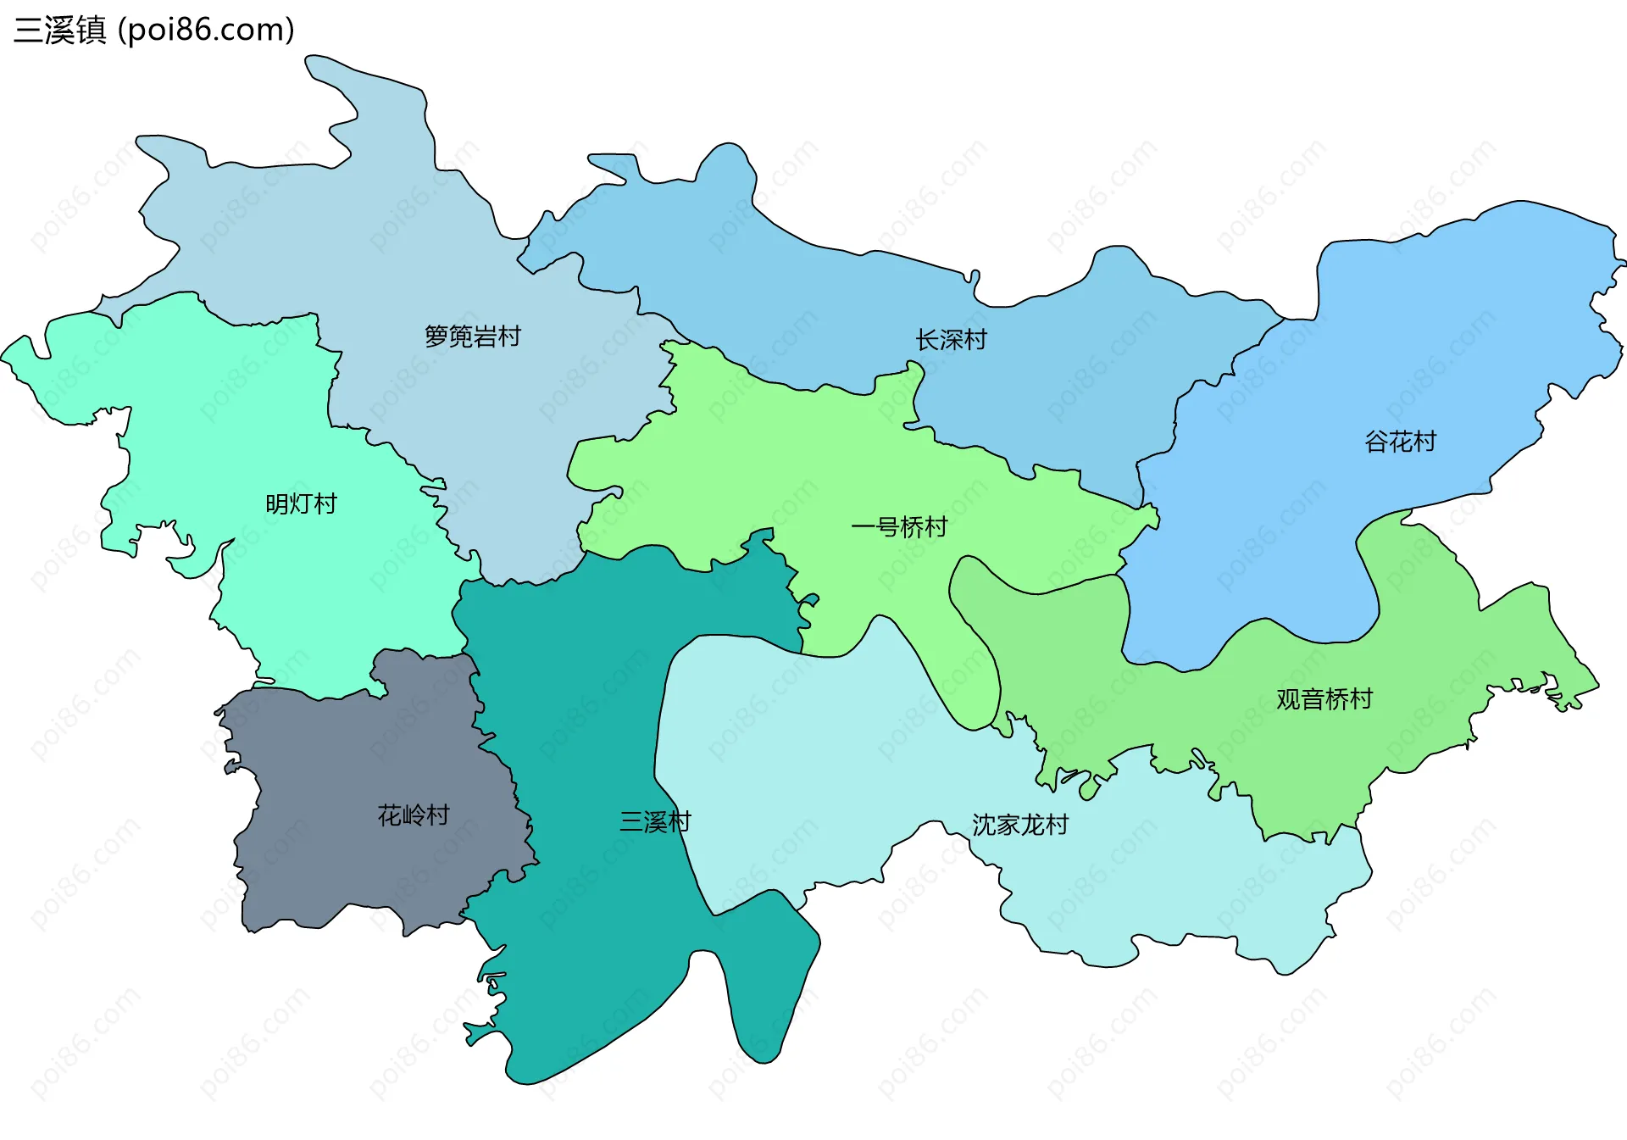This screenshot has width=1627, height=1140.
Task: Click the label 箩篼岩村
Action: pos(472,336)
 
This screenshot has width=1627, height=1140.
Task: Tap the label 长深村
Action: pos(951,340)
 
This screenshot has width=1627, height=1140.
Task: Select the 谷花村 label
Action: pos(1400,442)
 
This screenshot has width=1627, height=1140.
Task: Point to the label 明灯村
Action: pos(301,504)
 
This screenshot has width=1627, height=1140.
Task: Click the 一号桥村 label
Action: pos(899,527)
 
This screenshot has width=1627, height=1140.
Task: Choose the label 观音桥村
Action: pos(1324,699)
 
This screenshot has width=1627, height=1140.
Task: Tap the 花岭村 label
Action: pos(413,815)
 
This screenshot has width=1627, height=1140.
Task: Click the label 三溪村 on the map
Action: pos(655,821)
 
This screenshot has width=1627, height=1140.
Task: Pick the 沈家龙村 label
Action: pos(1019,825)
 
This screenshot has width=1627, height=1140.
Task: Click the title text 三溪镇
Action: pos(60,30)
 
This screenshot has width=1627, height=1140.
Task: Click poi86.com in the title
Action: pos(206,30)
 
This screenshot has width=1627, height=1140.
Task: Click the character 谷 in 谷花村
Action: pos(1376,442)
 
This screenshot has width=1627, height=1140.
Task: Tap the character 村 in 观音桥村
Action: pos(1361,699)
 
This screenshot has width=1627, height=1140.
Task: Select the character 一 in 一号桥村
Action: pos(863,527)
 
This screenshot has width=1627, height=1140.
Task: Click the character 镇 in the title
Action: pos(92,30)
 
